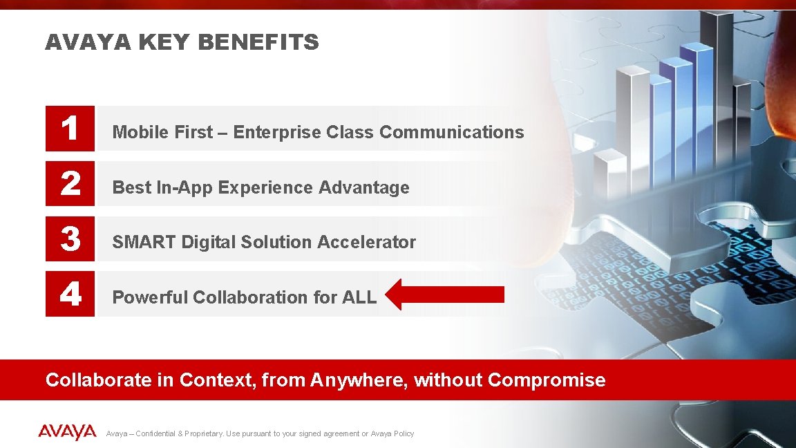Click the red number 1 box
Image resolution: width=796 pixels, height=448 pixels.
[70, 129]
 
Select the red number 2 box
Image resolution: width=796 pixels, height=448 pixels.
[70, 184]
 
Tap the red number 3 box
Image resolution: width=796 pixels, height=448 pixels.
[70, 239]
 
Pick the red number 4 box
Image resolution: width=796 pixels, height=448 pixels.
[70, 295]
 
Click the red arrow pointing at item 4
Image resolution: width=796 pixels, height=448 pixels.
[445, 295]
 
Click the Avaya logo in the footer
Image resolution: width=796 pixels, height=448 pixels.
[67, 433]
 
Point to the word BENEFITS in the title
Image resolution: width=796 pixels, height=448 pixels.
[258, 43]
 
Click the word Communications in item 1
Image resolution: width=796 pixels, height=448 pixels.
[452, 132]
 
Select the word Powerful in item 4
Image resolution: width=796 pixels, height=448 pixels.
[150, 297]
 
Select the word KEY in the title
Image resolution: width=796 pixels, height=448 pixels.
[164, 43]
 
